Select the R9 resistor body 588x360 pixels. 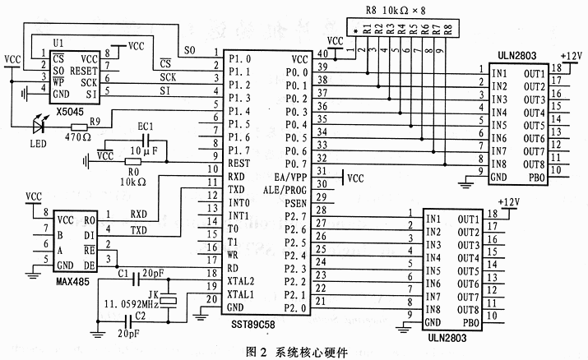point(79,127)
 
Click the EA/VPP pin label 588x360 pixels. point(290,177)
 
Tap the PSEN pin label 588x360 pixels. point(294,203)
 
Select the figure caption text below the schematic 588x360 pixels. point(292,352)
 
